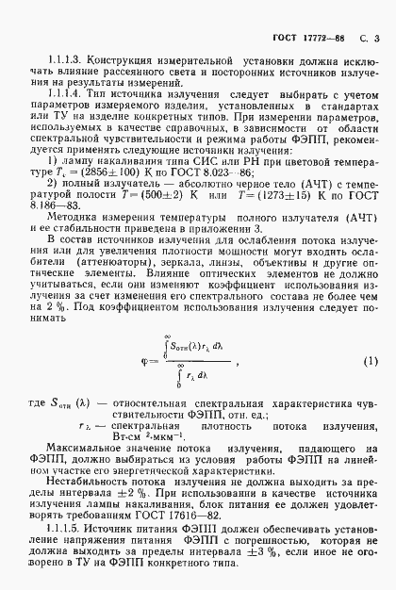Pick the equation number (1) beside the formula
click(371, 335)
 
